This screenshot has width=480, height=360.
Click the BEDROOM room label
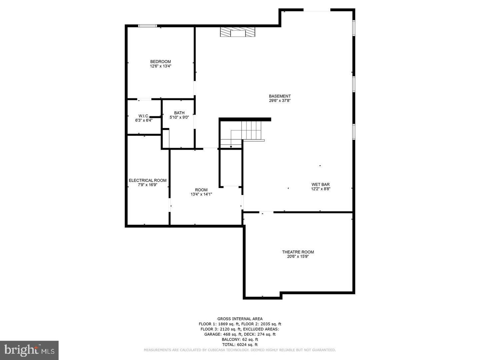[x=160, y=62]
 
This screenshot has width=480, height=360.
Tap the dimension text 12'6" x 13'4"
[x=160, y=66]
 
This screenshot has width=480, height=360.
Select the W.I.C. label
[x=144, y=116]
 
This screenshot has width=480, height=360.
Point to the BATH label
[x=179, y=113]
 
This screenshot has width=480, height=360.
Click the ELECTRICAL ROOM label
[x=148, y=181]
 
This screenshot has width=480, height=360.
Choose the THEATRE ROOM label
[x=298, y=252]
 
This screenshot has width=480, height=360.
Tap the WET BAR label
[x=321, y=185]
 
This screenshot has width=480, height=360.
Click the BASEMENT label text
[x=280, y=96]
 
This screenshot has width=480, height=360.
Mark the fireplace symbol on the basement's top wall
[x=237, y=32]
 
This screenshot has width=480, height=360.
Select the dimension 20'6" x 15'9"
[x=298, y=257]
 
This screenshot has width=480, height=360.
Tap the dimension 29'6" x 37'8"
[x=280, y=101]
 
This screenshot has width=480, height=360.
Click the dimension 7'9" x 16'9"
[x=148, y=185]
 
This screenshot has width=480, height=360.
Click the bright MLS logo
[x=29, y=350]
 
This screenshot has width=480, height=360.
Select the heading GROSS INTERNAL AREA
[x=240, y=319]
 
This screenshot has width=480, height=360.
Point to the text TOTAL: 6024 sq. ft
[x=240, y=345]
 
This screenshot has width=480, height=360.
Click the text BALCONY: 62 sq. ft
[x=240, y=340]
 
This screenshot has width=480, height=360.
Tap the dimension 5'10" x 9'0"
[x=179, y=117]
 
